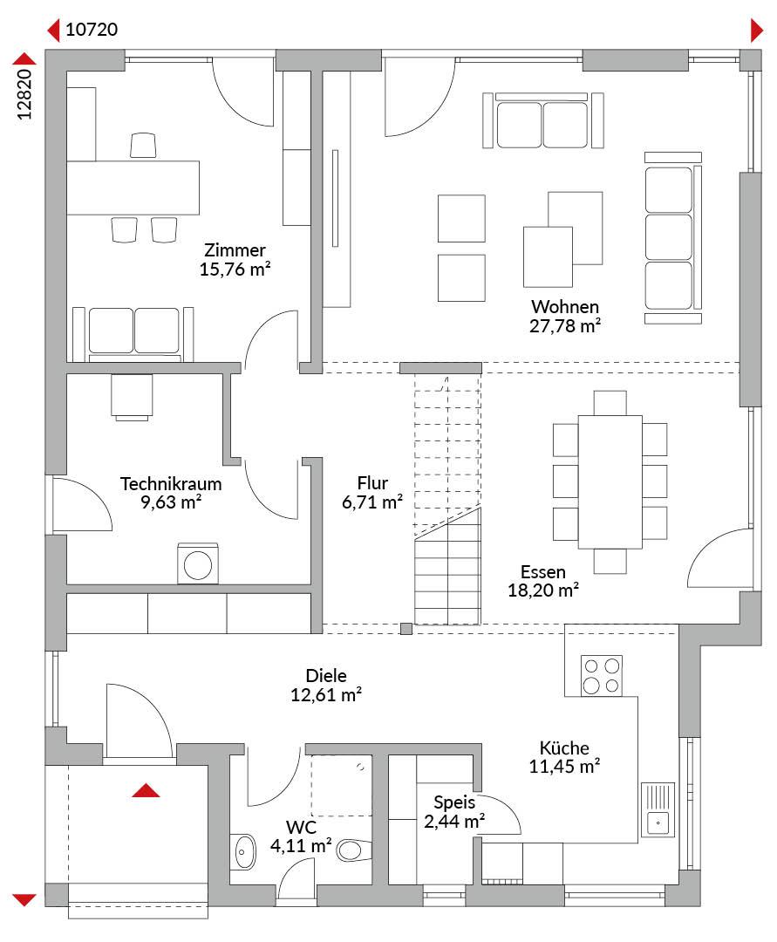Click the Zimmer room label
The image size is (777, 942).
point(235,250)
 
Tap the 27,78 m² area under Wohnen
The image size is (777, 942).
point(565,325)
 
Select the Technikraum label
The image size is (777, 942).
point(171,483)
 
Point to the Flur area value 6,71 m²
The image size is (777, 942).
point(372,502)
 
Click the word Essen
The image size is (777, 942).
point(543,571)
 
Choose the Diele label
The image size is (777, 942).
point(326,675)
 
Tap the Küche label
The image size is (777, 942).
point(564,748)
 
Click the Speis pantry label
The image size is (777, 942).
point(454,802)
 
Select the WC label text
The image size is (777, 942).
point(301,827)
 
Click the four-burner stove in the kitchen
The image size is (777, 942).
point(602,676)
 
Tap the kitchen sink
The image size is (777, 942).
point(658,809)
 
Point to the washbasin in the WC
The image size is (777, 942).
point(243,851)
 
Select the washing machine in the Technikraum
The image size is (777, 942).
point(198,564)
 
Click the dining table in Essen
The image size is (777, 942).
point(610,481)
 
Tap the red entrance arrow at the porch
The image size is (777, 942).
point(146,790)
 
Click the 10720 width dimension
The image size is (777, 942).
point(92,30)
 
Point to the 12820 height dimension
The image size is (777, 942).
point(24,94)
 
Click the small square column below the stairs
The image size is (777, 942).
point(406,629)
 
